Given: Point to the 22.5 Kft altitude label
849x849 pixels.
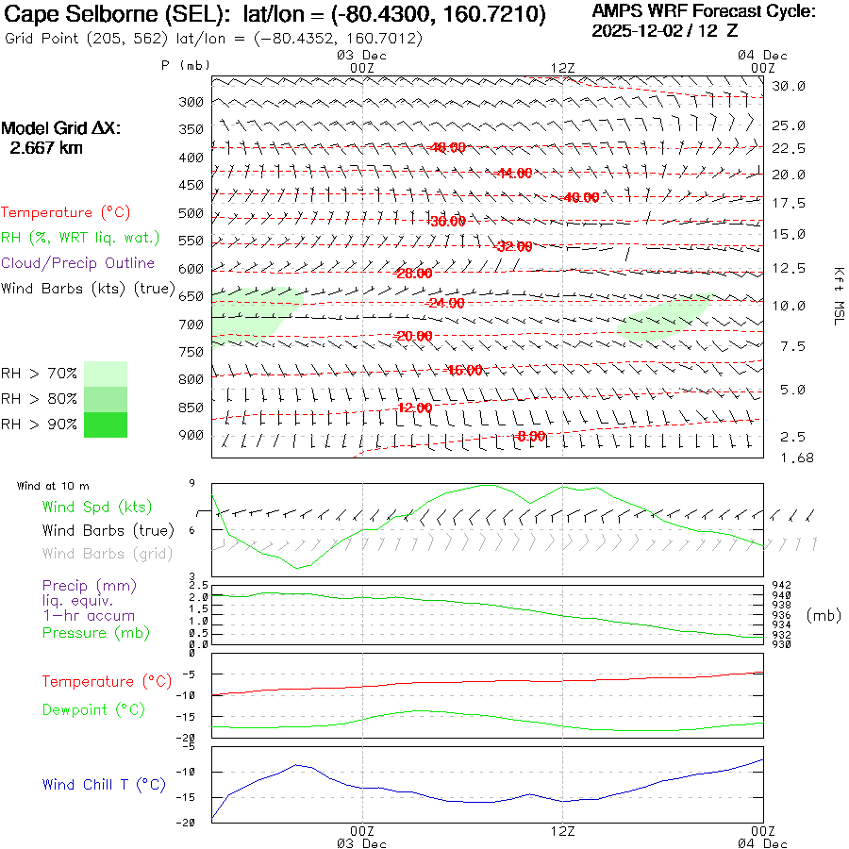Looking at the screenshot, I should [x=789, y=149].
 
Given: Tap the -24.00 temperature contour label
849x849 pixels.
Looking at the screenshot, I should [x=445, y=303].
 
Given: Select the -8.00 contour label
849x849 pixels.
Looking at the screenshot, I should [x=531, y=436].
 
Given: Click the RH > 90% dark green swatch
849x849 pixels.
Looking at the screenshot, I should [x=105, y=424].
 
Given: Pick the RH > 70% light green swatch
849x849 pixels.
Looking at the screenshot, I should [x=105, y=374].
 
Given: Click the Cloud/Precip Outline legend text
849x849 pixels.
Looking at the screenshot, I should [x=78, y=263].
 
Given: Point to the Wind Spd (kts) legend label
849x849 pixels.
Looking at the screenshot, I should [x=96, y=508].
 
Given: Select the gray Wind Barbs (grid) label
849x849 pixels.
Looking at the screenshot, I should [x=107, y=554].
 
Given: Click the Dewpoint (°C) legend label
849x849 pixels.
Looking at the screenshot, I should [x=92, y=709].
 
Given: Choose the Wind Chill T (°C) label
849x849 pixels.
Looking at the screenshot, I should [x=103, y=785].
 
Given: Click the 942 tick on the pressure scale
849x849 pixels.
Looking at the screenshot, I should [x=780, y=586].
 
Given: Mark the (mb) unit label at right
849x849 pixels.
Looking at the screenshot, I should [x=823, y=615].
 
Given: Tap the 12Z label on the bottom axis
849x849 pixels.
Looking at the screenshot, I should [x=562, y=831].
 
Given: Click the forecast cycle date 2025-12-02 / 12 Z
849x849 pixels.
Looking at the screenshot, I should [x=665, y=30].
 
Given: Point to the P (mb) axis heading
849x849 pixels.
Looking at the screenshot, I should [x=185, y=65].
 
